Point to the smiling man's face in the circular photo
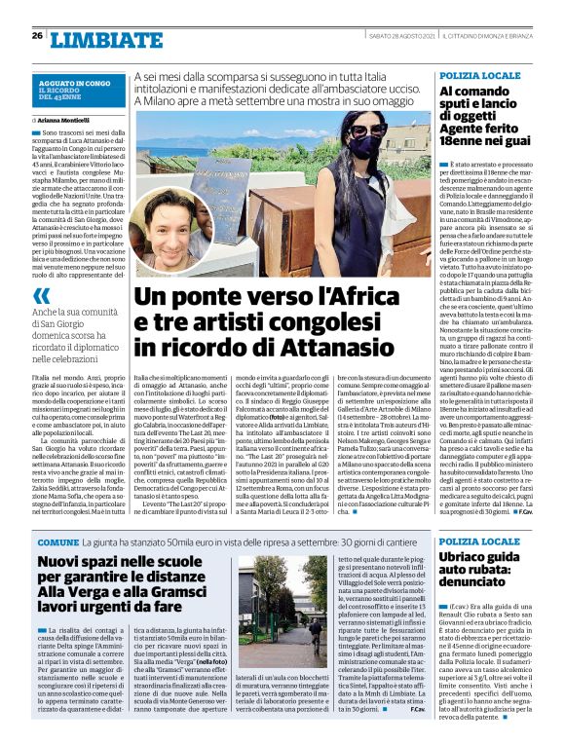(177, 227)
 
